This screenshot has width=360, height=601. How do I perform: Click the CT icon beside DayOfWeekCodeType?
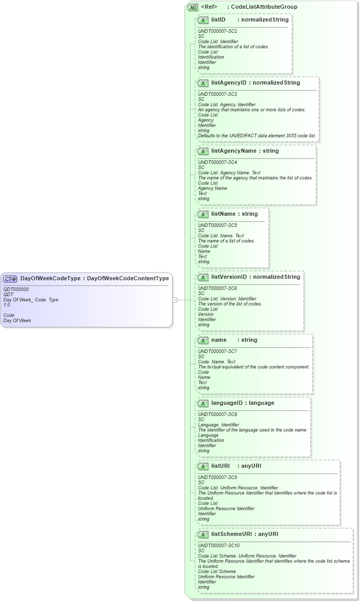tap(10, 279)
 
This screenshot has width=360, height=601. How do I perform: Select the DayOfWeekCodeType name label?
tap(50, 279)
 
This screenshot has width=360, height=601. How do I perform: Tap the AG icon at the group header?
tap(193, 7)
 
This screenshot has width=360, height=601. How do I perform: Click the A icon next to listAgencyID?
tap(203, 83)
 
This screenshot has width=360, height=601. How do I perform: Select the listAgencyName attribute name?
tap(235, 151)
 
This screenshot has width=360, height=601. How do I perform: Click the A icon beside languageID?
tap(203, 403)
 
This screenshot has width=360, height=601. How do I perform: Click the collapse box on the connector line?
tap(175, 300)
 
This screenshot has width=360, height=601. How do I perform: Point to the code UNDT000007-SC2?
tap(217, 31)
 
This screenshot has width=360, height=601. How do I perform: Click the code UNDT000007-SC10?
tap(219, 546)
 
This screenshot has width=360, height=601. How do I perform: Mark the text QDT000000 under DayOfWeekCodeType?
tap(16, 289)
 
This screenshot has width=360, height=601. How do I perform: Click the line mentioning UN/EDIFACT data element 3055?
tap(257, 136)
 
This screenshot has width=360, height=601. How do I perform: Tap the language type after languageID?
tap(261, 403)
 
